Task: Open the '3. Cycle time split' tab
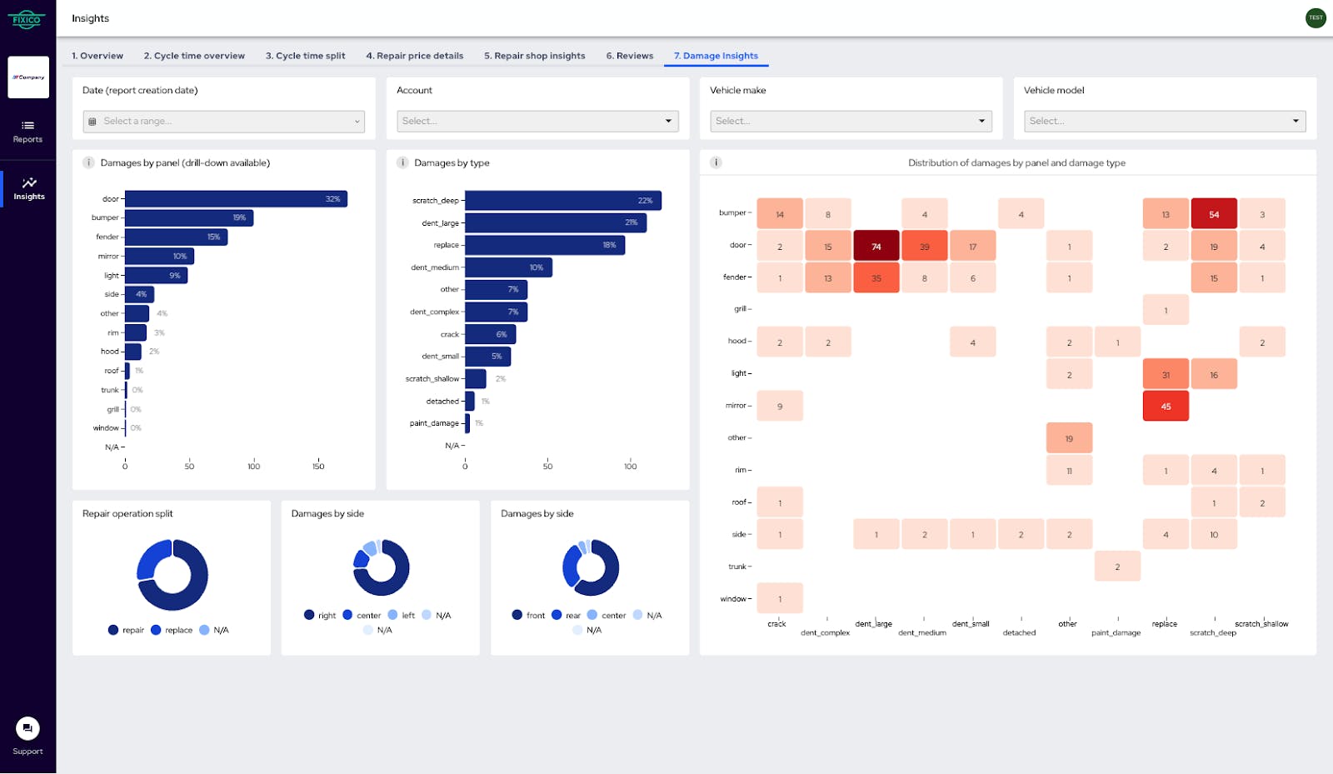point(305,56)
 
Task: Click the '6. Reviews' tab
point(629,56)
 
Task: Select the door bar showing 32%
point(236,199)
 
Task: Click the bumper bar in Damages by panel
point(189,217)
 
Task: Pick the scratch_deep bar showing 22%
point(562,201)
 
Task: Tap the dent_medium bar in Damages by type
point(508,267)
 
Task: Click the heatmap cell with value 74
point(876,247)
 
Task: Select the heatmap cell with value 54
point(1213,214)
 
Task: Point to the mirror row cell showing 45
point(1165,407)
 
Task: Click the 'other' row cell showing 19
point(1068,438)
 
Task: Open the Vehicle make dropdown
point(851,121)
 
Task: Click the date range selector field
point(223,121)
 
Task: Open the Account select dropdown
point(537,121)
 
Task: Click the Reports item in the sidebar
point(27,131)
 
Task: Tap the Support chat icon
point(27,728)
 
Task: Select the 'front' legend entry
point(528,615)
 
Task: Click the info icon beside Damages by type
point(402,162)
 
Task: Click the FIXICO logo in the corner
point(27,18)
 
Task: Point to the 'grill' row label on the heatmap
point(740,309)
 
